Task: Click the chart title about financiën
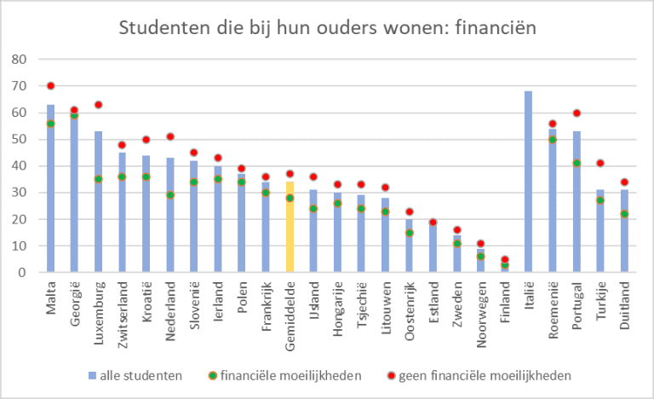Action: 327,29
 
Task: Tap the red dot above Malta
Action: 50,85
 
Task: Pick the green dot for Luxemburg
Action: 98,179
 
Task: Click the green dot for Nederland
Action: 169,195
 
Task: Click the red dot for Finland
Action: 504,259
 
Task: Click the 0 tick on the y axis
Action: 24,272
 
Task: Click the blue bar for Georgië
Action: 74,196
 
